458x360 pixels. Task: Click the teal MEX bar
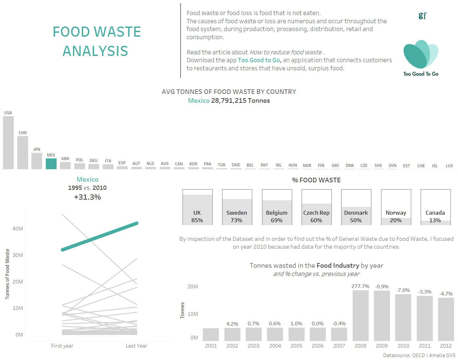click(51, 164)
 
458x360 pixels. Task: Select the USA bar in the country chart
click(8, 143)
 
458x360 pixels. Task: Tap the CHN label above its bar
click(23, 133)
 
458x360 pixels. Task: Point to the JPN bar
click(37, 161)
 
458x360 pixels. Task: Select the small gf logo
click(422, 15)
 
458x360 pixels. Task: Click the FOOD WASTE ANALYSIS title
click(97, 41)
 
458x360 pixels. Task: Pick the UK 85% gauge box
click(198, 207)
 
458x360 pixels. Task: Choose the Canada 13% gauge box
click(435, 207)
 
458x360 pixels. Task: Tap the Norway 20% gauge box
click(396, 207)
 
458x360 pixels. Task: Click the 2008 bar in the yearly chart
click(361, 315)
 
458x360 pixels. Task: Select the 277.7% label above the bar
click(361, 286)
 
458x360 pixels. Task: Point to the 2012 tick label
click(446, 346)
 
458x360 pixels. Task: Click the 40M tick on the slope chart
click(18, 229)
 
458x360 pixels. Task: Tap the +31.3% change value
click(87, 197)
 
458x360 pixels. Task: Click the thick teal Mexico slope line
click(100, 237)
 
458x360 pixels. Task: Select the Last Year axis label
click(136, 346)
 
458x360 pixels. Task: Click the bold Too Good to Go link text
click(259, 60)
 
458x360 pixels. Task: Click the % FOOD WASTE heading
click(316, 180)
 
